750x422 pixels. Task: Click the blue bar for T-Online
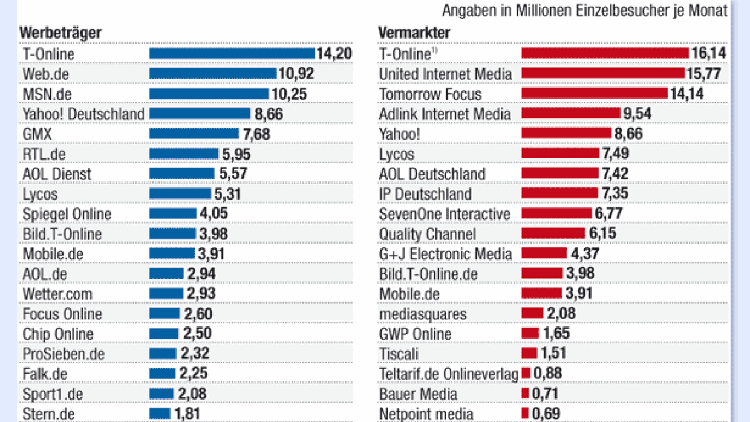pyautogui.click(x=232, y=53)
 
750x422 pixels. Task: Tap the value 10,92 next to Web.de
pyautogui.click(x=296, y=73)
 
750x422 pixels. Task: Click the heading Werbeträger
pyautogui.click(x=61, y=33)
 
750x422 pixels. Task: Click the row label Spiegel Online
pyautogui.click(x=67, y=214)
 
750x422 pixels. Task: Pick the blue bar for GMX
pyautogui.click(x=194, y=133)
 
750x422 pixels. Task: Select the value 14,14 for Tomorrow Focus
pyautogui.click(x=687, y=94)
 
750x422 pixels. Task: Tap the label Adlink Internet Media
pyautogui.click(x=445, y=114)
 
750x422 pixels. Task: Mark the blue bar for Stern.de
pyautogui.click(x=160, y=414)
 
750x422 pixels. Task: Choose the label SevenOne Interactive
pyautogui.click(x=445, y=214)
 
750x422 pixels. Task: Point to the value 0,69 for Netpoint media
pyautogui.click(x=546, y=414)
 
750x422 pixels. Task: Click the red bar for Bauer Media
pyautogui.click(x=526, y=394)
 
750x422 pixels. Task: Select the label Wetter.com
pyautogui.click(x=57, y=294)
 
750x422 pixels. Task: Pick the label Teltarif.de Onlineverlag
pyautogui.click(x=449, y=374)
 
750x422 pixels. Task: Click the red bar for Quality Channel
pyautogui.click(x=553, y=233)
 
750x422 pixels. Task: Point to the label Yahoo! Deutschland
pyautogui.click(x=83, y=114)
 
